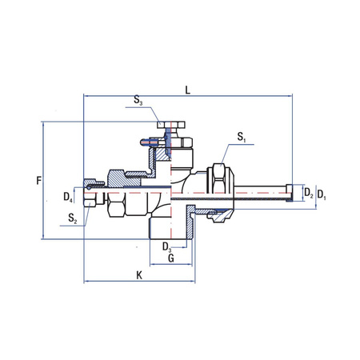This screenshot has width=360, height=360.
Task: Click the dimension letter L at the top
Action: point(186,91)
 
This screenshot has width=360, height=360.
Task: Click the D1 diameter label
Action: point(322,194)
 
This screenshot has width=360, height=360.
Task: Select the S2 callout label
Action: point(72,217)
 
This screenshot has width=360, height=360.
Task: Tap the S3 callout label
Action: point(138,102)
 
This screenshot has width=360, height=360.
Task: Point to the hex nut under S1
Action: point(217,181)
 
